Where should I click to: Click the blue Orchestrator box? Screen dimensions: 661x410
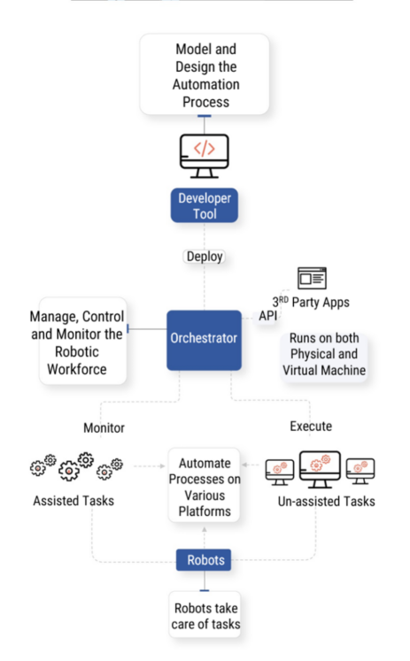[x=204, y=340]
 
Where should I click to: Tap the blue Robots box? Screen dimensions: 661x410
[x=205, y=560]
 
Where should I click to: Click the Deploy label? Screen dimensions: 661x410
[x=205, y=257]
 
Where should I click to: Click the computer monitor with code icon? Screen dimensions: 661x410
[x=205, y=155]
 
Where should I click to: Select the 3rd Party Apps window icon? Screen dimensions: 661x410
[x=312, y=279]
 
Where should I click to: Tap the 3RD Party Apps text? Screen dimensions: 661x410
[x=312, y=303]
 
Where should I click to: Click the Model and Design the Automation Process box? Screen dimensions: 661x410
[x=204, y=74]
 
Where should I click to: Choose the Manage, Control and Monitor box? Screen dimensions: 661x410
[x=82, y=341]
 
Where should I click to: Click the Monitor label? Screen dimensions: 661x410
[x=104, y=427]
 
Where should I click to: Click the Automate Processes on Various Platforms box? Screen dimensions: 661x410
[x=205, y=486]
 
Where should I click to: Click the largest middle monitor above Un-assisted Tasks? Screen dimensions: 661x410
[x=320, y=468]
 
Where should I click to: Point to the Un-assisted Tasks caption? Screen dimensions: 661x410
[x=321, y=502]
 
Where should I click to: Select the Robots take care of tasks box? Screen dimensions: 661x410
[x=205, y=616]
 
